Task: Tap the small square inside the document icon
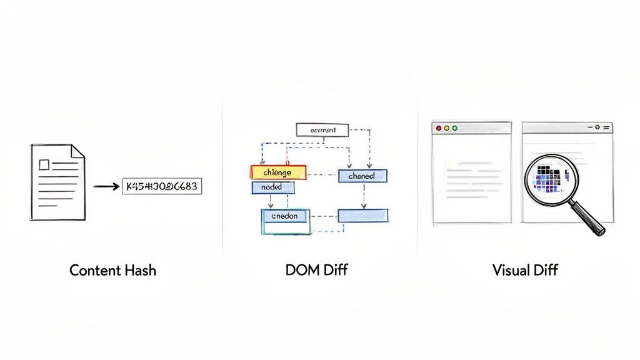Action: pyautogui.click(x=44, y=165)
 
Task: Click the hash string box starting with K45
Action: pyautogui.click(x=162, y=186)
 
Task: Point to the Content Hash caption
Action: pyautogui.click(x=112, y=271)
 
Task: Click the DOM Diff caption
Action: pyautogui.click(x=317, y=271)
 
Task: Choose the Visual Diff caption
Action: pyautogui.click(x=524, y=271)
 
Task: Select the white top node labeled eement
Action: pyautogui.click(x=320, y=130)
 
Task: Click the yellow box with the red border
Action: pyautogui.click(x=278, y=172)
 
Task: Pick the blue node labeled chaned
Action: pyautogui.click(x=362, y=176)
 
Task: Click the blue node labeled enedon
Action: pyautogui.click(x=286, y=216)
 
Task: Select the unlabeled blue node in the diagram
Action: pyautogui.click(x=362, y=216)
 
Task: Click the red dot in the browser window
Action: pyautogui.click(x=438, y=127)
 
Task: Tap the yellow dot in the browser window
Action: pyautogui.click(x=446, y=127)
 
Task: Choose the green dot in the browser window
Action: pyautogui.click(x=454, y=127)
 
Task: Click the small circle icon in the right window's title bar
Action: pyautogui.click(x=597, y=127)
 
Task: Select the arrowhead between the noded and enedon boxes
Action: pyautogui.click(x=270, y=205)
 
